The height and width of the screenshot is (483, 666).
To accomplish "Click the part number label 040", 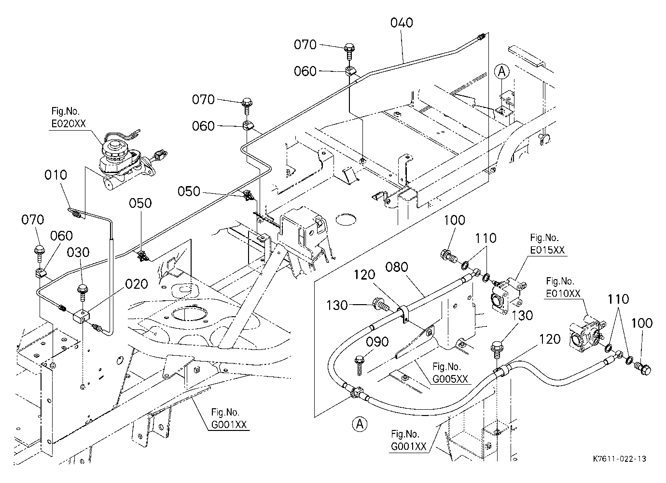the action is point(402,23).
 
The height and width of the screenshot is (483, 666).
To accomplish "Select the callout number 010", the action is point(55,175).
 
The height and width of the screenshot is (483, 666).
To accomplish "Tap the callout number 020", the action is point(137,284).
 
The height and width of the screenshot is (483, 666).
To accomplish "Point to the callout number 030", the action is point(78,253).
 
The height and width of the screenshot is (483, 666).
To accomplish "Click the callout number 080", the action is point(397,268).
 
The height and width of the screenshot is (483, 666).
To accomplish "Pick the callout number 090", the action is point(377,342).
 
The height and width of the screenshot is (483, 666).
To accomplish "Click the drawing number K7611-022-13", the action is point(619,459).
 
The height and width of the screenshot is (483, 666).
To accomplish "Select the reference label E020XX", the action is point(69,123).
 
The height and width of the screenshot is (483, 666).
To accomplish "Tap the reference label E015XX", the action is point(547,250).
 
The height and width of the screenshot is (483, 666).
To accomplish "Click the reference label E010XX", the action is point(563,294).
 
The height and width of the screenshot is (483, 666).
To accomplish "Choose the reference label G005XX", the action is point(450,379).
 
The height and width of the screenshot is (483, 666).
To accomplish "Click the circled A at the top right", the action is point(502,72).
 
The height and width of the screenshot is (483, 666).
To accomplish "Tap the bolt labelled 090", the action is point(360,365).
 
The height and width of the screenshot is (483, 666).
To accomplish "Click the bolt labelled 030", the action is point(83,293).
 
